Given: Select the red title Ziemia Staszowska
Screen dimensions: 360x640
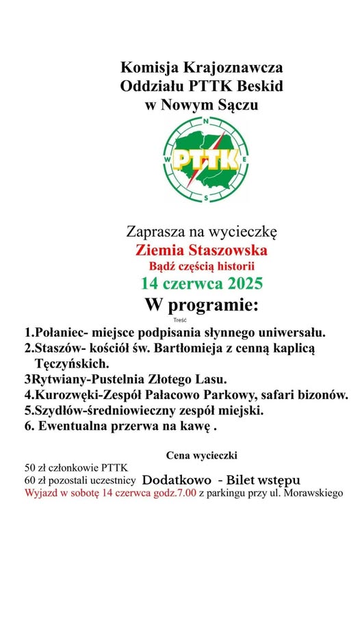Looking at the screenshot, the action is [201, 249].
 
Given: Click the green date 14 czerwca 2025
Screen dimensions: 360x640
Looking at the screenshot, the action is [202, 283].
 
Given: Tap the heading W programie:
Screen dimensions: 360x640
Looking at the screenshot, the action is [201, 305].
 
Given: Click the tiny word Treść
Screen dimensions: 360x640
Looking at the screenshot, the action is [181, 319].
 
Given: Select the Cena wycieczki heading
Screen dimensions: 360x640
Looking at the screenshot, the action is [201, 455].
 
